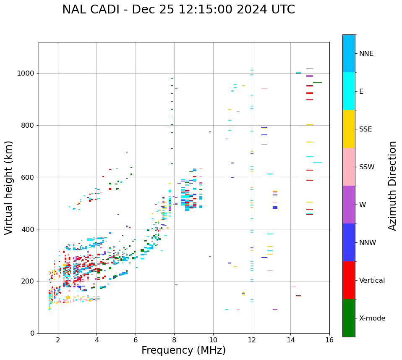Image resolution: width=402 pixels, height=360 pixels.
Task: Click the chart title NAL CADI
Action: [x=178, y=10]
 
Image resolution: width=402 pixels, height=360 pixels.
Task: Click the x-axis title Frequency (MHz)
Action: [x=183, y=350]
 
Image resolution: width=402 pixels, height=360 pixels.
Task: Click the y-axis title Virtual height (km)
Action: [x=9, y=187]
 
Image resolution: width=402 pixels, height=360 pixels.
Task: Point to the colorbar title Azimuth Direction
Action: [x=392, y=186]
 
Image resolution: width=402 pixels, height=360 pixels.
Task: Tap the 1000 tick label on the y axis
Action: [x=26, y=73]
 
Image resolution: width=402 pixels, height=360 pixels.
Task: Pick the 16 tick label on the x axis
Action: [x=329, y=340]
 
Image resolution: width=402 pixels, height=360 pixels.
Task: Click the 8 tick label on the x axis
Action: [x=174, y=340]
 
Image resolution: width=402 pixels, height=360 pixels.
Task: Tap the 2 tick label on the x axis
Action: [x=58, y=340]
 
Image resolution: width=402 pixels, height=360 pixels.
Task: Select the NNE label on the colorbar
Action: [x=366, y=54]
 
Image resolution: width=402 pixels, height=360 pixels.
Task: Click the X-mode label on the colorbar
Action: [x=372, y=318]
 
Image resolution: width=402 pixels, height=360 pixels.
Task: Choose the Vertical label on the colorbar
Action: [x=372, y=281]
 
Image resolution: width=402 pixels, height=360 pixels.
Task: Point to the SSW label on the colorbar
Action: [x=367, y=167]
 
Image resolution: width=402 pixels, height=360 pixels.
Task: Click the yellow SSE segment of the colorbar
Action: [x=349, y=129]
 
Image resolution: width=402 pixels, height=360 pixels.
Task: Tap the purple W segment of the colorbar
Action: [x=349, y=205]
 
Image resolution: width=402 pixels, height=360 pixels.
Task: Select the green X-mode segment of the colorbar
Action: [x=349, y=318]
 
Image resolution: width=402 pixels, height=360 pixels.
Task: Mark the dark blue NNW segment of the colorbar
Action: [x=349, y=242]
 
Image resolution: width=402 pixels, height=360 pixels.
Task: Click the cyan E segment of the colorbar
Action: [x=349, y=91]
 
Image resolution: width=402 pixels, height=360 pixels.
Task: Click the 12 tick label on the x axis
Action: [x=252, y=340]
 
